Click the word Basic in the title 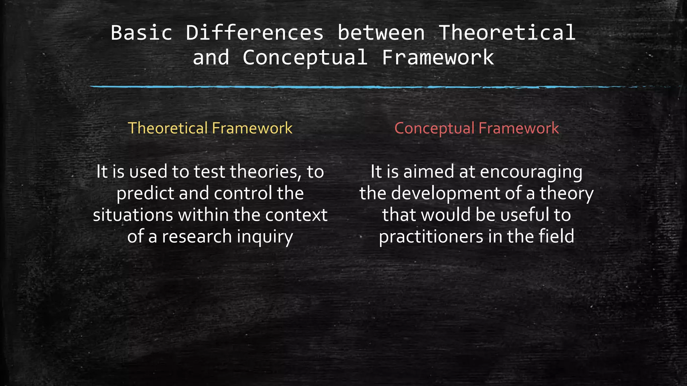141,33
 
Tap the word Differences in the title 255,33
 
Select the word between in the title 381,33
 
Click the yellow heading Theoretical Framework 210,128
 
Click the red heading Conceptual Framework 476,128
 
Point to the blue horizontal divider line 335,87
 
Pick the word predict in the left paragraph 146,193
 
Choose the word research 197,237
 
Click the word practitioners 431,237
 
